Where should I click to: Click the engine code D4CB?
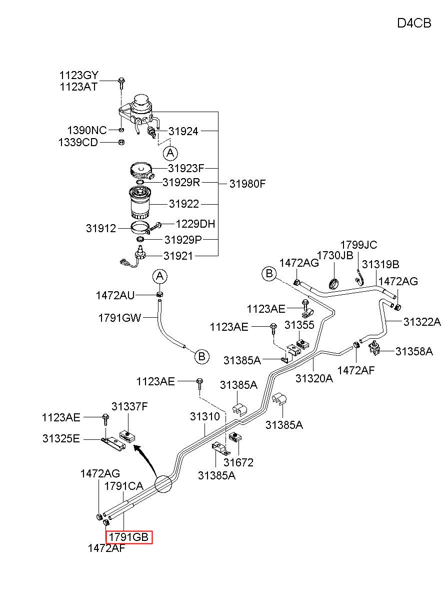pyautogui.click(x=414, y=23)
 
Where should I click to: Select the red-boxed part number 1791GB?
pyautogui.click(x=129, y=537)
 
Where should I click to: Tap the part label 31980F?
pyautogui.click(x=247, y=184)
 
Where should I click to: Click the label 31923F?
pyautogui.click(x=186, y=168)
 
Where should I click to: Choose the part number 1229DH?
pyautogui.click(x=195, y=224)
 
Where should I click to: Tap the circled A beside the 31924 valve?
pyautogui.click(x=170, y=154)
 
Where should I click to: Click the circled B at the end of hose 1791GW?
pyautogui.click(x=202, y=357)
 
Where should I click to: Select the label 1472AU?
pyautogui.click(x=115, y=295)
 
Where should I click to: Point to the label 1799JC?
pyautogui.click(x=358, y=245)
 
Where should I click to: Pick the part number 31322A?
pyautogui.click(x=422, y=322)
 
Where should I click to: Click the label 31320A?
pyautogui.click(x=314, y=378)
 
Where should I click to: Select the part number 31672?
pyautogui.click(x=238, y=462)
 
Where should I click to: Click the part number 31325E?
pyautogui.click(x=61, y=438)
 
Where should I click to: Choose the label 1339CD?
pyautogui.click(x=78, y=142)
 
